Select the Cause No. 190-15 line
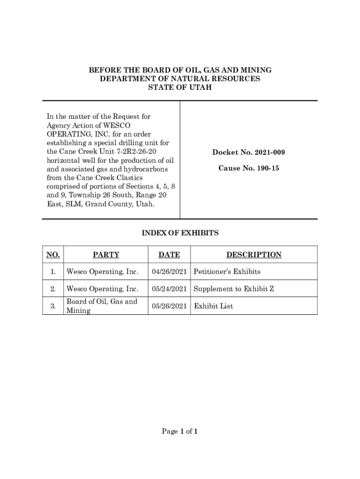pyautogui.click(x=249, y=168)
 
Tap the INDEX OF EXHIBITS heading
pyautogui.click(x=180, y=233)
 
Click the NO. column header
pyautogui.click(x=53, y=255)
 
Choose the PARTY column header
pyautogui.click(x=106, y=255)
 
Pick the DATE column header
pyautogui.click(x=169, y=255)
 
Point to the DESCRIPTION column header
pyautogui.click(x=254, y=255)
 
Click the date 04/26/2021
pyautogui.click(x=169, y=272)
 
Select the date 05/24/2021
pyautogui.click(x=169, y=289)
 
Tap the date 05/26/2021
pyautogui.click(x=169, y=306)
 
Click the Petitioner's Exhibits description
pyautogui.click(x=227, y=272)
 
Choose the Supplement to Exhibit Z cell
pyautogui.click(x=233, y=289)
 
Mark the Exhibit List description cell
pyautogui.click(x=213, y=306)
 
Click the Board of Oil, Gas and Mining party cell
pyautogui.click(x=102, y=306)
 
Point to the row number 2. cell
pyautogui.click(x=53, y=289)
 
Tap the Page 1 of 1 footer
pyautogui.click(x=180, y=432)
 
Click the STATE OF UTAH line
pyautogui.click(x=180, y=87)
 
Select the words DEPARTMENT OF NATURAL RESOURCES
pyautogui.click(x=180, y=79)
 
